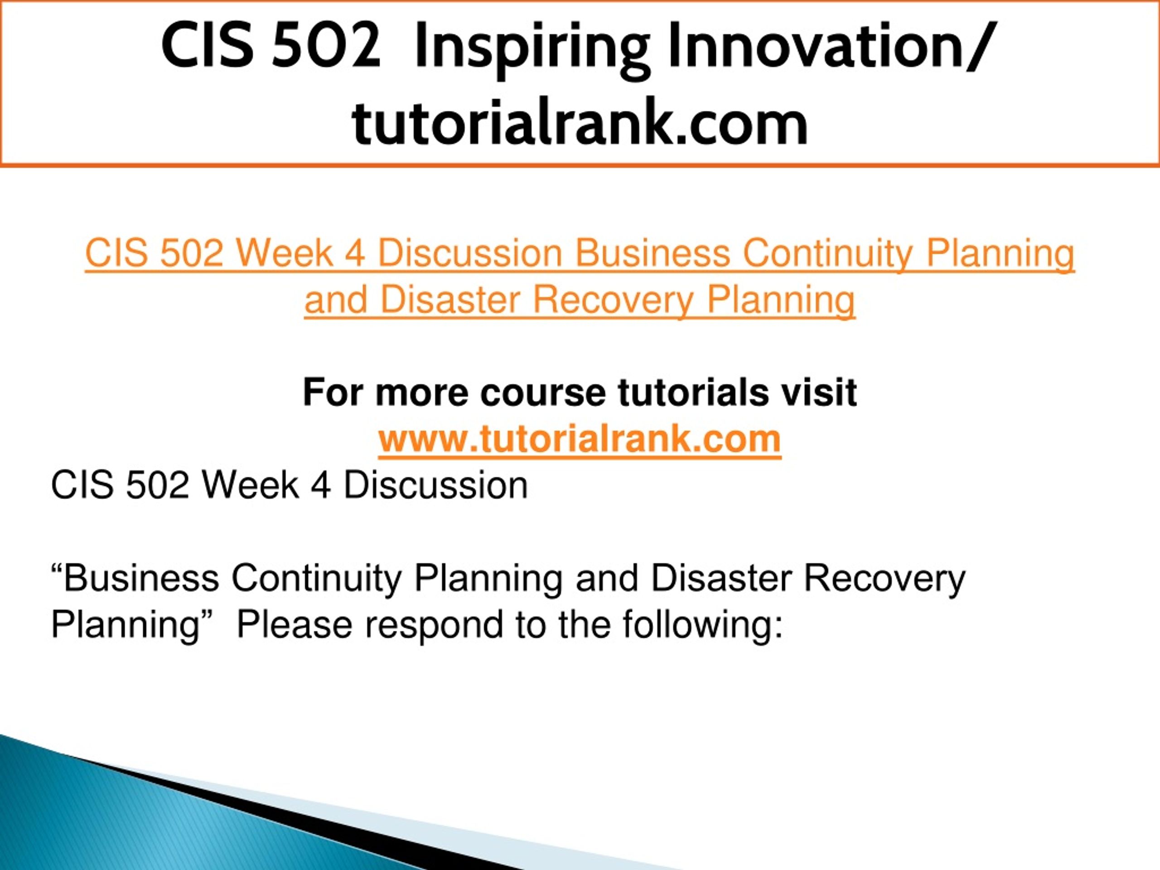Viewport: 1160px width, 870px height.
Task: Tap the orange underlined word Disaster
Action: pyautogui.click(x=450, y=300)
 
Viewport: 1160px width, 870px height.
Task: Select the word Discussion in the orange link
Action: pyautogui.click(x=470, y=253)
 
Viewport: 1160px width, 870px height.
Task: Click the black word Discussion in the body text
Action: pyautogui.click(x=436, y=485)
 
